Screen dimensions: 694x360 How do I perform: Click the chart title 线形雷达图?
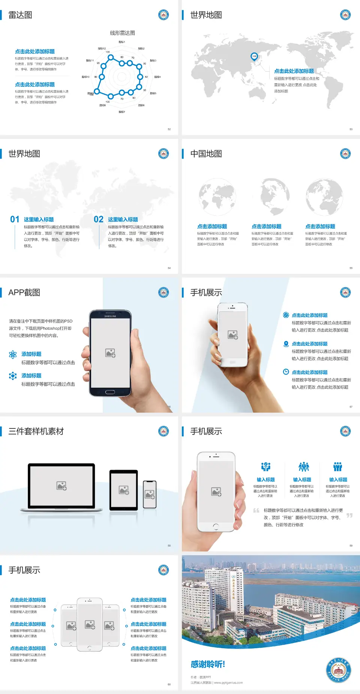coord(122,33)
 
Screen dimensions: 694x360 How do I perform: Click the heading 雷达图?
coord(20,15)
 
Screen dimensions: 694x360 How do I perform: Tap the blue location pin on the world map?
coord(254,57)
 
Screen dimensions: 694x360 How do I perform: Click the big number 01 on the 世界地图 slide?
coord(15,219)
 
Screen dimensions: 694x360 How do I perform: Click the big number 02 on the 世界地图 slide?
coord(99,219)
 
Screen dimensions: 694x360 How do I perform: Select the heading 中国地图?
coord(206,154)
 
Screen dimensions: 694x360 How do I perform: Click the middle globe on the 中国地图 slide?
coord(270,196)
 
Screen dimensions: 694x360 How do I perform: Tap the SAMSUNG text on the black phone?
coord(110,316)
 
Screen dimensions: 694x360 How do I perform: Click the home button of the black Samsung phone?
coord(110,392)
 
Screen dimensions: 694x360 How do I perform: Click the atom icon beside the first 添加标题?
coord(13,355)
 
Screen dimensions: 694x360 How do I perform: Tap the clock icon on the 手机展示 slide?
coord(286,372)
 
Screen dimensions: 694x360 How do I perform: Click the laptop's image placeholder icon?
coord(61,486)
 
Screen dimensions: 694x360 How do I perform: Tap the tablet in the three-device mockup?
coord(123,490)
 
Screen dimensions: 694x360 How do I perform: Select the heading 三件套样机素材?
coord(36,431)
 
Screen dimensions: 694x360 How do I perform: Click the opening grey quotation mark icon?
coord(256,511)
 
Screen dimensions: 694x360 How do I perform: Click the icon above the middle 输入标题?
coord(303,467)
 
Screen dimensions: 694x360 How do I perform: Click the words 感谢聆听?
coord(208,664)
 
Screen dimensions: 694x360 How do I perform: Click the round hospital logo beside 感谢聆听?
coord(338,670)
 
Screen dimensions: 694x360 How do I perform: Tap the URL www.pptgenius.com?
coord(228,683)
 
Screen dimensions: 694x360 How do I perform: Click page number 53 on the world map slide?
coord(351,129)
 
